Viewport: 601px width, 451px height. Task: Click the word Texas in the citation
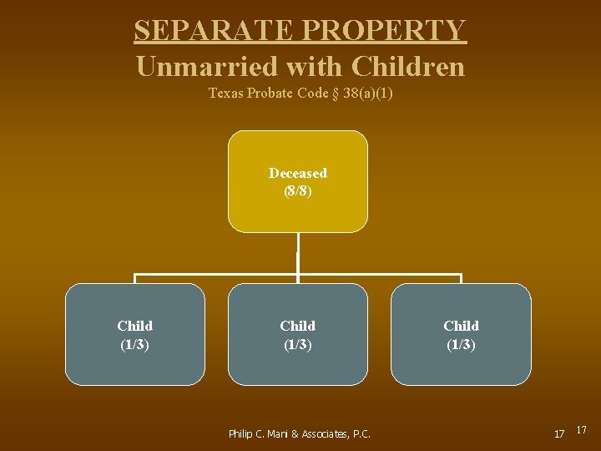225,94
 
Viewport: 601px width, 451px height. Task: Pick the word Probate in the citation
268,94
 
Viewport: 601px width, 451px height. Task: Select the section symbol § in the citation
336,94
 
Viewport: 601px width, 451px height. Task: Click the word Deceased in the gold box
298,173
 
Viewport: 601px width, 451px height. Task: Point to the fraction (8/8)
298,190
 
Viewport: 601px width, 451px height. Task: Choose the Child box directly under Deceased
298,334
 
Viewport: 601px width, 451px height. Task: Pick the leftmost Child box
135,334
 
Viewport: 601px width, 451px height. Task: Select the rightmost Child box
461,334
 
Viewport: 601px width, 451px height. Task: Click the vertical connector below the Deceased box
298,252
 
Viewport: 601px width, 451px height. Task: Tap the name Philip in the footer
243,433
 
